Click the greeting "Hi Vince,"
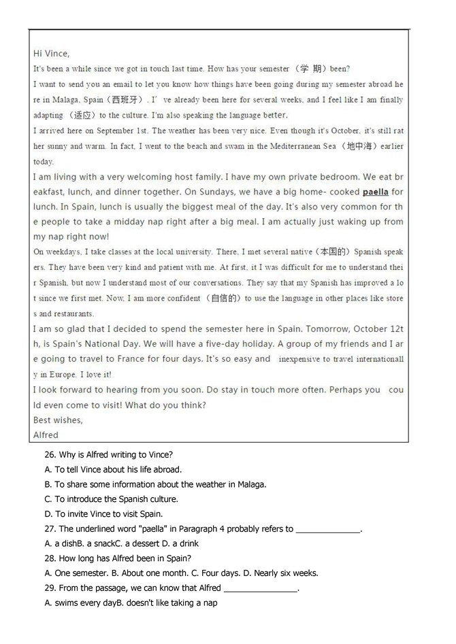[x=51, y=53]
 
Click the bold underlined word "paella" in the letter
[x=375, y=192]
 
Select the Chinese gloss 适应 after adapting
[x=82, y=116]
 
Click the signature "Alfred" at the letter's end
[x=46, y=435]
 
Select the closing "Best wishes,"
[x=57, y=420]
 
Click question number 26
[x=50, y=454]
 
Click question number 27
[x=50, y=528]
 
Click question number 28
[x=50, y=558]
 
